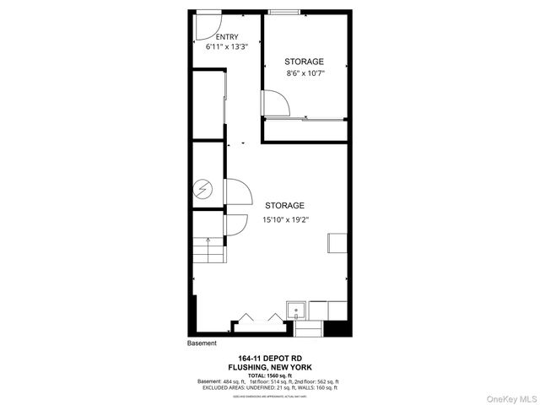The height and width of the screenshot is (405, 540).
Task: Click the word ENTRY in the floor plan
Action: pyautogui.click(x=227, y=37)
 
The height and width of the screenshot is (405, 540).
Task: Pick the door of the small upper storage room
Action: pyautogui.click(x=277, y=103)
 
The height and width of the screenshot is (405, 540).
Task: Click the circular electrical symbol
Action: pyautogui.click(x=203, y=190)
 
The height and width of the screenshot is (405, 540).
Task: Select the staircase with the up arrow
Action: pyautogui.click(x=208, y=251)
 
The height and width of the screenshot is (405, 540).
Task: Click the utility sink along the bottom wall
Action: pyautogui.click(x=297, y=310)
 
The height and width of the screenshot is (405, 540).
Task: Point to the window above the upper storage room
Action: pyautogui.click(x=283, y=11)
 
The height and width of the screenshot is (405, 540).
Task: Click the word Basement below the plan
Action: pyautogui.click(x=202, y=343)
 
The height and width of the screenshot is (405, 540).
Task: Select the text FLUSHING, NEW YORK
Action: pyautogui.click(x=270, y=368)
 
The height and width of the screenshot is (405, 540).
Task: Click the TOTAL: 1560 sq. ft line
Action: pyautogui.click(x=270, y=375)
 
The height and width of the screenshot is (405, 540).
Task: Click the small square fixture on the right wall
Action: pyautogui.click(x=335, y=243)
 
